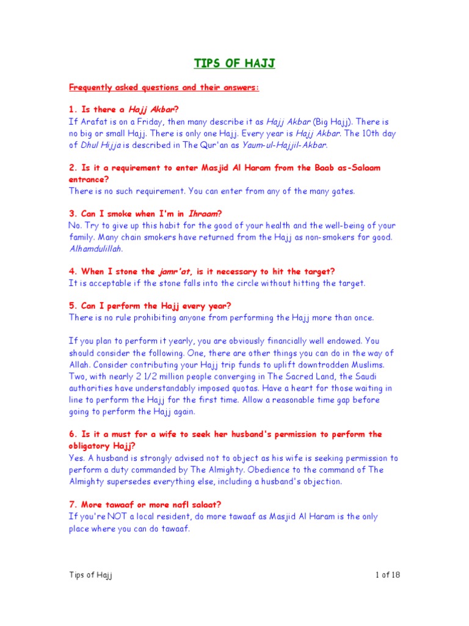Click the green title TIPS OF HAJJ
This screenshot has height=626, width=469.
click(x=234, y=64)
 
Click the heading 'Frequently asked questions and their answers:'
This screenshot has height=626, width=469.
click(x=164, y=87)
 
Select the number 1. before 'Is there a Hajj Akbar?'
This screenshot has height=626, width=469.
click(x=73, y=110)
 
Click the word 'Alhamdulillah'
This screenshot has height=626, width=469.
click(x=97, y=249)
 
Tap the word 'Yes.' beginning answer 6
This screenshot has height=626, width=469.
click(x=76, y=458)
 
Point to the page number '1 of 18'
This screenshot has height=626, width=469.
click(x=388, y=575)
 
